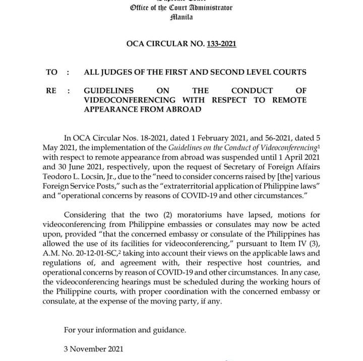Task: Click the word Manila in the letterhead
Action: click(181, 17)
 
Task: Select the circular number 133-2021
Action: click(221, 44)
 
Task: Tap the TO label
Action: click(52, 72)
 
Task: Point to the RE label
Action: click(51, 91)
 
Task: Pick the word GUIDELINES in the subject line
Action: click(109, 91)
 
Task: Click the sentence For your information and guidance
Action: click(125, 330)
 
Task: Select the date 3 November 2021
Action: click(93, 349)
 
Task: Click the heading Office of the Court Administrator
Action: click(181, 8)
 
